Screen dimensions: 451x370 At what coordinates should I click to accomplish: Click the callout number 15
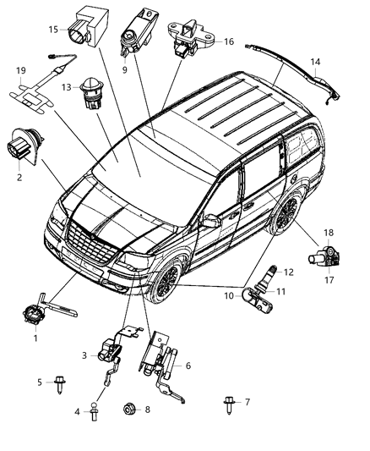[x=53, y=30]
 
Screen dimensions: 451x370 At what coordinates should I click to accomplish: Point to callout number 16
[x=229, y=41]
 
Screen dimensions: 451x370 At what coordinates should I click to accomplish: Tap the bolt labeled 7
[x=231, y=402]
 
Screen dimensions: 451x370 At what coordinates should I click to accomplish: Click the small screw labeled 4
[x=98, y=413]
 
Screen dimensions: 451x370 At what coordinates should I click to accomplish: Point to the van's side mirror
[x=209, y=223]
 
